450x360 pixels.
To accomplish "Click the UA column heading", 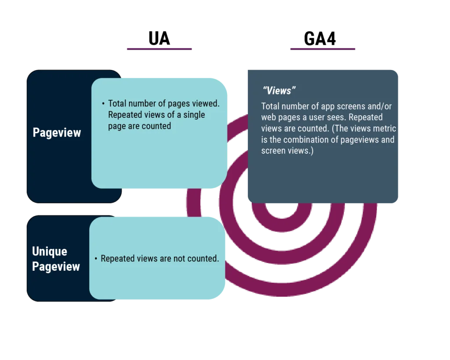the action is [159, 39].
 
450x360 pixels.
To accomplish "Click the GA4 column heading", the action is [320, 39].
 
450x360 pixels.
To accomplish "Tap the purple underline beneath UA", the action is [159, 49].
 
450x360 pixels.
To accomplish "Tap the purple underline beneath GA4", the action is [323, 49].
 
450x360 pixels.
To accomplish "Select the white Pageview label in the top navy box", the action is [57, 133].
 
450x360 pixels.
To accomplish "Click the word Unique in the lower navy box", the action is [50, 251].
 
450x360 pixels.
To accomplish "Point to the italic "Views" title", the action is [279, 91].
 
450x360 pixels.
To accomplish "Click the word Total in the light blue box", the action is [118, 103].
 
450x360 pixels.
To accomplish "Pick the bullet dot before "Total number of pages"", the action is [103, 103].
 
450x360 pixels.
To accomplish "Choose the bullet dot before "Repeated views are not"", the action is [96, 258].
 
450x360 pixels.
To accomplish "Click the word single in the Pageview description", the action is [194, 115].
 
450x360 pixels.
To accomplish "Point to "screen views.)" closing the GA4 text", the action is [287, 151].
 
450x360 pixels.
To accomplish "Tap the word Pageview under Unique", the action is [56, 266].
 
